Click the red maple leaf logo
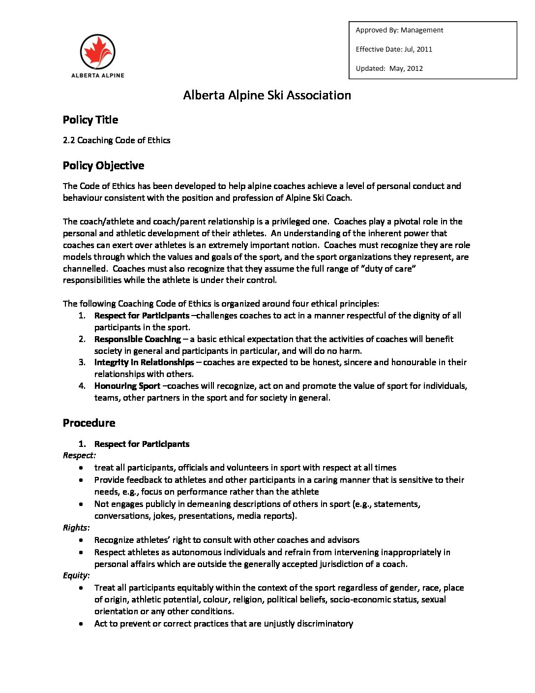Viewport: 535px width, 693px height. [x=97, y=52]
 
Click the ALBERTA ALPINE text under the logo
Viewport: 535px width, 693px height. [x=97, y=75]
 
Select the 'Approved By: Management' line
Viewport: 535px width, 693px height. [x=399, y=30]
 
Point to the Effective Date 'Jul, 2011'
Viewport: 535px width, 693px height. [x=418, y=49]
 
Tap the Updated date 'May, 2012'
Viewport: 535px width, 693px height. [x=406, y=68]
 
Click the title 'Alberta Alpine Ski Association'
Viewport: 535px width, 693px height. [x=267, y=95]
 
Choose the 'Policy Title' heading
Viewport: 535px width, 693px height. [x=90, y=120]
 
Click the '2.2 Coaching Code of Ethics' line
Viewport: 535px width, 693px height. [x=117, y=140]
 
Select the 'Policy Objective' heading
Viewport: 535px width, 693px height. [x=103, y=166]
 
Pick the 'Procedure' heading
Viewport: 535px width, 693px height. [x=89, y=423]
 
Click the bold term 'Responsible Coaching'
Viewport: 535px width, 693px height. [x=138, y=339]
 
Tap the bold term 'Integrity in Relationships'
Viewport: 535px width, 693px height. [x=144, y=362]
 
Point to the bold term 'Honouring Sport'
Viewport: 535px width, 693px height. [x=127, y=386]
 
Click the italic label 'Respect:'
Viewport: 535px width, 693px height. [x=79, y=455]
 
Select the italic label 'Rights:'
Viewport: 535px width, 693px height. [x=76, y=528]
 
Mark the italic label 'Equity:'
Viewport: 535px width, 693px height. [x=76, y=575]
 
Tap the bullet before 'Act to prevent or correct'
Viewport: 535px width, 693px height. [x=81, y=624]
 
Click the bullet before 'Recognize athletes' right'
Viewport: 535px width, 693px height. [x=81, y=540]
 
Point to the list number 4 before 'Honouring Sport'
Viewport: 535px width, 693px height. [x=82, y=386]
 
